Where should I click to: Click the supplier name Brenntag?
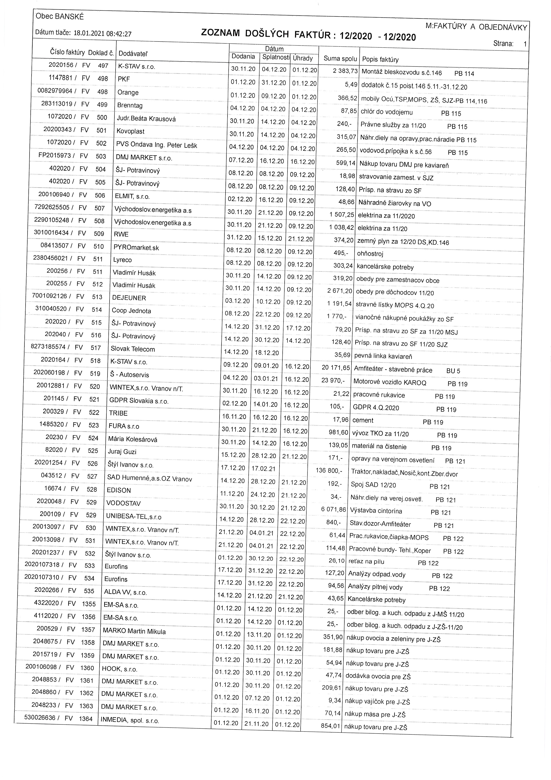pyautogui.click(x=130, y=105)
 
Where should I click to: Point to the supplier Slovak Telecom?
pyautogui.click(x=133, y=349)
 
